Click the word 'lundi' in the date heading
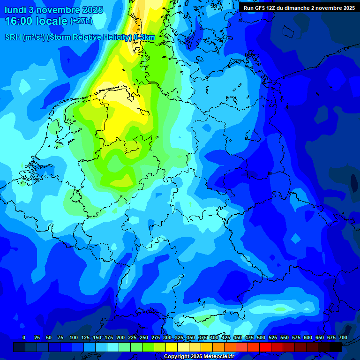pos(15,9)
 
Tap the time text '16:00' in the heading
pos(20,21)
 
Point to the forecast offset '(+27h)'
pos(81,21)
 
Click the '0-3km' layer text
pos(144,37)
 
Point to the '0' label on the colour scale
pos(24,337)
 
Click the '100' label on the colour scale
pos(74,337)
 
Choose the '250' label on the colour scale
pos(144,337)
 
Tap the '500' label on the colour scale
pos(261,337)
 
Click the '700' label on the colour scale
pos(343,337)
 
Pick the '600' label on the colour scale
pos(308,337)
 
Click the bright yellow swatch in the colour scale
pos(172,347)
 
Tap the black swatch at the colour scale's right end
pos(336,347)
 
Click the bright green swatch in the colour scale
pos(148,347)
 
